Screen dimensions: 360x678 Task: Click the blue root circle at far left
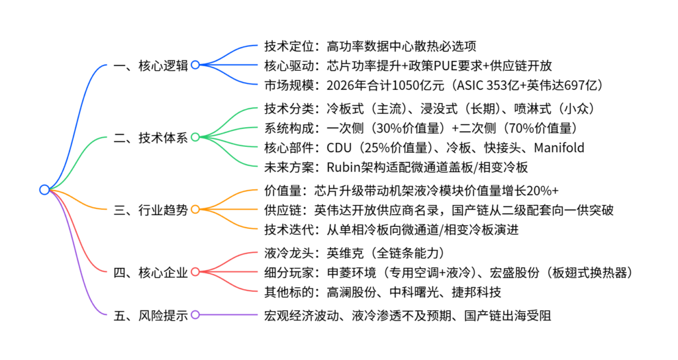pos(44,189)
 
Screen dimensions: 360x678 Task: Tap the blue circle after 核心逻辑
pos(195,66)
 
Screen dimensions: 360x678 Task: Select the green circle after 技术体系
pos(195,138)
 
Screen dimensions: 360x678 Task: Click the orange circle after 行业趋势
pos(195,210)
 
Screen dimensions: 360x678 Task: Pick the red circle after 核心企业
pos(195,272)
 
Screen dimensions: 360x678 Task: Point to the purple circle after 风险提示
pos(195,315)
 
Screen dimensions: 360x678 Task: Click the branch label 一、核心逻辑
pos(150,66)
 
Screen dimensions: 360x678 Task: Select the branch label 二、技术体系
pos(150,138)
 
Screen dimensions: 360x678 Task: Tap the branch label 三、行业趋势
pos(150,210)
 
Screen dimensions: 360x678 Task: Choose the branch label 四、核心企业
pos(150,272)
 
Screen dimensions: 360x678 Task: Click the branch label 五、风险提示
pos(150,315)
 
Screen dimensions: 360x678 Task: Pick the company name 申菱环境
pos(350,272)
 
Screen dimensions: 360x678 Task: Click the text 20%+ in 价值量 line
pos(546,191)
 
